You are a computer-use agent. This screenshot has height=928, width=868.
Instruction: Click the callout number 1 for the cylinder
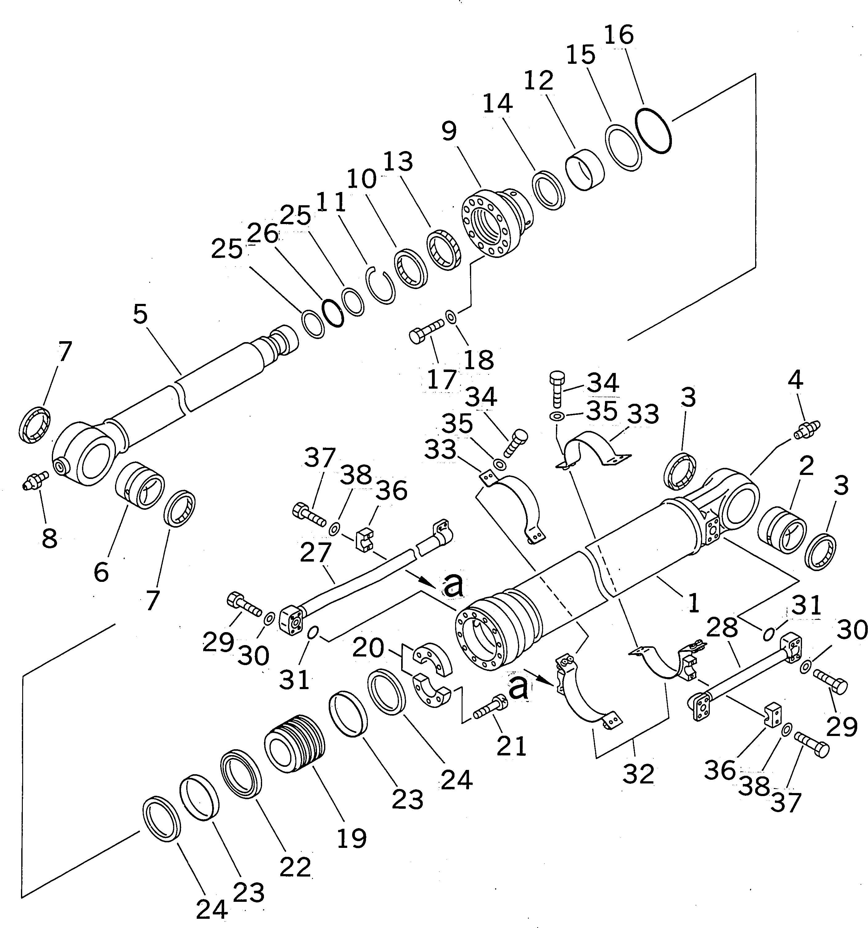[694, 603]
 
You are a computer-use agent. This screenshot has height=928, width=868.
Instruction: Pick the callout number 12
[538, 81]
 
